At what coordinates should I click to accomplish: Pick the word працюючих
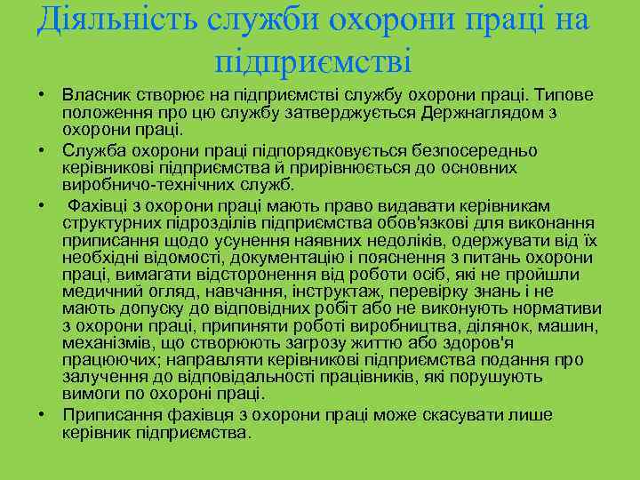pos(108,360)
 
